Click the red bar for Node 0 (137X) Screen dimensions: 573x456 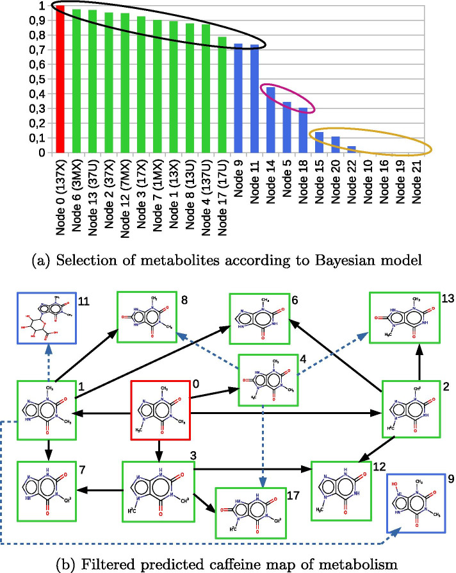tap(60, 79)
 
